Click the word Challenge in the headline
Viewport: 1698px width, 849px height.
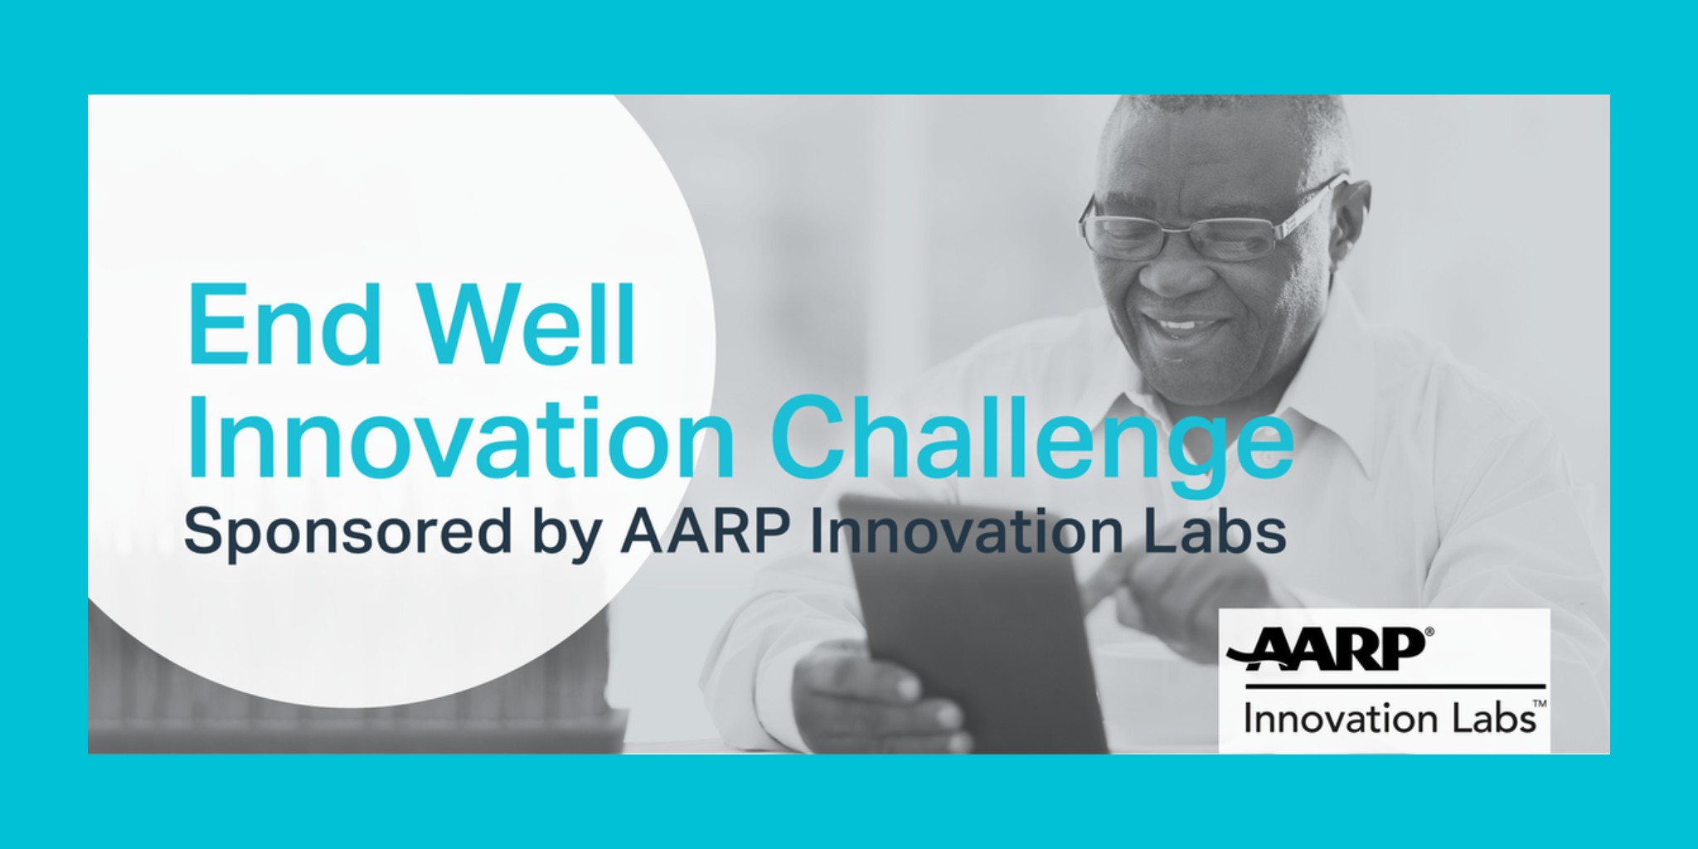pyautogui.click(x=1032, y=441)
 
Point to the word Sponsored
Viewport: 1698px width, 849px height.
pyautogui.click(x=347, y=533)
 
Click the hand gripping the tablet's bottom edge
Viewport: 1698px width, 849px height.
pyautogui.click(x=879, y=696)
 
